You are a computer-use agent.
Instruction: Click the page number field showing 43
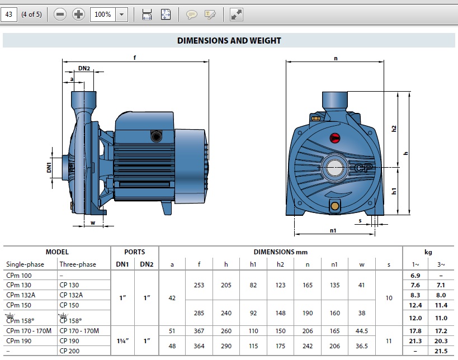click(8, 15)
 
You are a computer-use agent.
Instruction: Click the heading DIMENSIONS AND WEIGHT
click(229, 40)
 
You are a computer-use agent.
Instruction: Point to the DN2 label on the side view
click(84, 68)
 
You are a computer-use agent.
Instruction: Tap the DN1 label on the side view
click(49, 167)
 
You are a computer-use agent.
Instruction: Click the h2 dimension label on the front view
click(394, 128)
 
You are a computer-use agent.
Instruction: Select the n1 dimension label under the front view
click(333, 230)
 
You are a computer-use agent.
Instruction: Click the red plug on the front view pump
click(336, 137)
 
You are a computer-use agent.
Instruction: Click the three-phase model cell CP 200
click(70, 350)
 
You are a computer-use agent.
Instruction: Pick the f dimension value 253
click(199, 285)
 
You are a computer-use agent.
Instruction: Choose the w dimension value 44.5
click(361, 331)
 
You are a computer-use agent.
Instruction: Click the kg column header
click(428, 252)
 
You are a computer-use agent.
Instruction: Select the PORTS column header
click(134, 252)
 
